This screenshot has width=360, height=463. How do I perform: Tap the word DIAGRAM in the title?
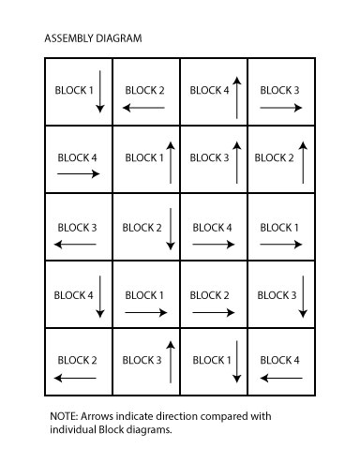click(120, 39)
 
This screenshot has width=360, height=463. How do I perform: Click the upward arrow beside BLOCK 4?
click(237, 97)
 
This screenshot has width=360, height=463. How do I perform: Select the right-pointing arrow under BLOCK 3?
click(280, 109)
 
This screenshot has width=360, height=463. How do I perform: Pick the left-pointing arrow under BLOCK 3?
click(77, 245)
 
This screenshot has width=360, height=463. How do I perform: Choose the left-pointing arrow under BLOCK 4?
click(280, 378)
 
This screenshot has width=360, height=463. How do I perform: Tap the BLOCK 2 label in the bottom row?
click(77, 360)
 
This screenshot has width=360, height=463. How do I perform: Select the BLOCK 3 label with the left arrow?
click(77, 227)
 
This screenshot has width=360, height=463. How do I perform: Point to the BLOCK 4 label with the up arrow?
click(208, 91)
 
